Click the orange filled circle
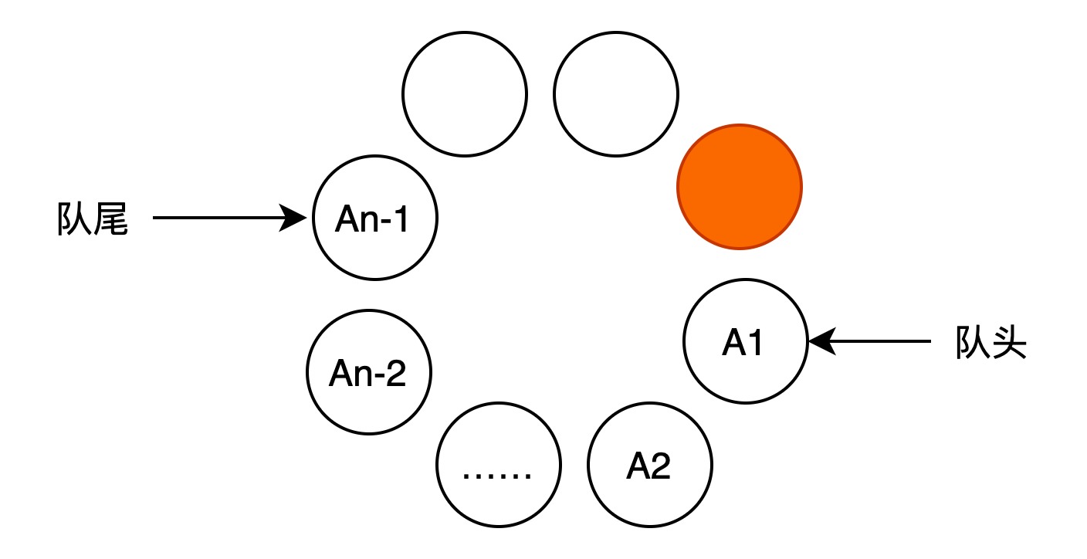(x=740, y=188)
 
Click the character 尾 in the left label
(x=110, y=219)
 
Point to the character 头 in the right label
(x=1009, y=343)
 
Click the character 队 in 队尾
(x=74, y=219)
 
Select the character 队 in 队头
(x=973, y=343)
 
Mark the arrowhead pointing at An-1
(x=293, y=218)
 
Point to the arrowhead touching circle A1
(x=822, y=341)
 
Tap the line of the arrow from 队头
(x=869, y=341)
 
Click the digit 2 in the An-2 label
(x=393, y=373)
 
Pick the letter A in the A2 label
(x=637, y=466)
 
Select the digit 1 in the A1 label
(x=753, y=343)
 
